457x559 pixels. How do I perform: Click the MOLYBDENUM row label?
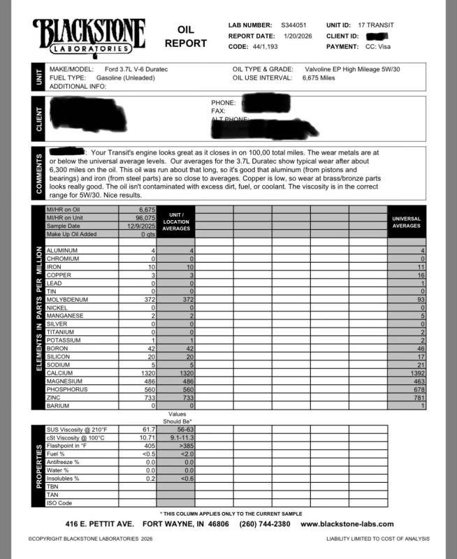70,299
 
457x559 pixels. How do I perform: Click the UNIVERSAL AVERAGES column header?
406,222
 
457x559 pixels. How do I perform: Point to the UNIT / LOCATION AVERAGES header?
175,221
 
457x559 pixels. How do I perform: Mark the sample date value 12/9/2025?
140,226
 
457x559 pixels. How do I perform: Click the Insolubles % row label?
62,478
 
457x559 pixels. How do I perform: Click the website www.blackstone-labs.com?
347,524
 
